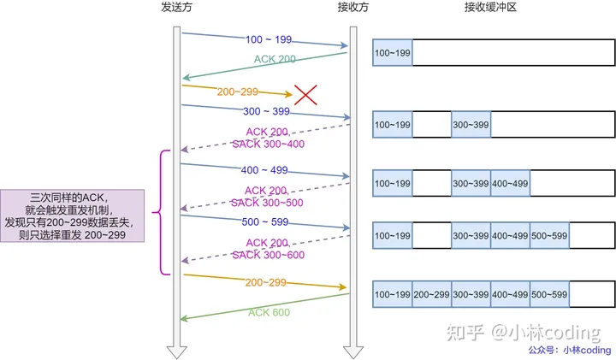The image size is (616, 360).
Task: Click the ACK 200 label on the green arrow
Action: (x=275, y=60)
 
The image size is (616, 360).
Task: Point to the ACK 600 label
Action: (x=269, y=312)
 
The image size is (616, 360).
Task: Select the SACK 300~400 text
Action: (x=269, y=144)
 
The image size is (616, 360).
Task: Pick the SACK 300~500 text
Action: (x=267, y=203)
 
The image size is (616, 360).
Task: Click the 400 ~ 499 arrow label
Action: (x=266, y=170)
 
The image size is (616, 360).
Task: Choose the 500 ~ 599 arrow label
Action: (x=266, y=222)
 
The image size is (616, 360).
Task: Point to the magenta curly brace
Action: (x=159, y=212)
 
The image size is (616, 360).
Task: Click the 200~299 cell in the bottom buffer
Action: (x=431, y=294)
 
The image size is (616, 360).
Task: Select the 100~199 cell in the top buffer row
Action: (x=392, y=52)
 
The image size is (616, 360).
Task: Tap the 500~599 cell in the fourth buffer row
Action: (x=549, y=235)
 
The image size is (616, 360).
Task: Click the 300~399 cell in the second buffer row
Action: (x=471, y=125)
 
